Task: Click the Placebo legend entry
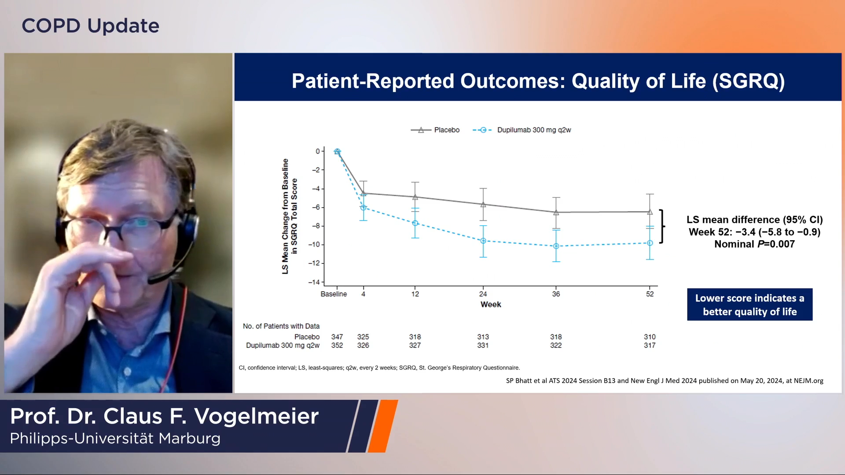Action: [x=435, y=130]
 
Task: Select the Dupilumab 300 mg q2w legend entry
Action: [x=522, y=130]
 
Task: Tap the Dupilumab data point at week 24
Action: [x=483, y=241]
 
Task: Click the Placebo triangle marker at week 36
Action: [x=556, y=212]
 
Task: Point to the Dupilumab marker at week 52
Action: [x=650, y=243]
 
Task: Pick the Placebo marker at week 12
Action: [x=415, y=197]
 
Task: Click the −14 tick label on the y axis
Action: [x=314, y=282]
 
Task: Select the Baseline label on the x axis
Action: [x=334, y=294]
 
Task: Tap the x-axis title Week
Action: [x=491, y=304]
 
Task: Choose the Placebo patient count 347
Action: [x=337, y=337]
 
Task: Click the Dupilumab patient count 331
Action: [x=483, y=345]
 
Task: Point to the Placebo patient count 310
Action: [x=650, y=337]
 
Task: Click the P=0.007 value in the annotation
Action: [x=776, y=244]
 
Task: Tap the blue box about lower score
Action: [x=749, y=304]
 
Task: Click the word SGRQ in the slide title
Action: [x=749, y=81]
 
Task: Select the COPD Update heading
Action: [x=91, y=26]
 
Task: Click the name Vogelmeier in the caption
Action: [x=257, y=416]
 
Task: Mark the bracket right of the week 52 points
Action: [x=661, y=226]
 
